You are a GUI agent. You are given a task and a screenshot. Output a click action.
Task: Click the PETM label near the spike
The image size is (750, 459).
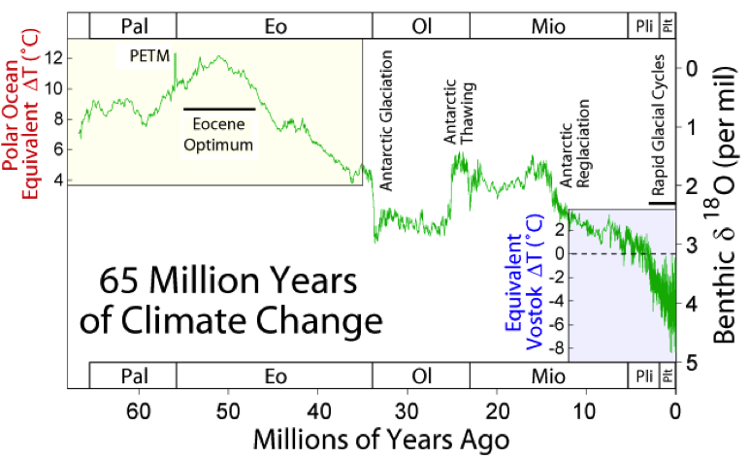(149, 56)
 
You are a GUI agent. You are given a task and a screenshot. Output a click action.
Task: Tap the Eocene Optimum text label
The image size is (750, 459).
(218, 135)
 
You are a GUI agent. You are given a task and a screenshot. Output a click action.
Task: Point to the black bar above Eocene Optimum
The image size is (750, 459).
(219, 109)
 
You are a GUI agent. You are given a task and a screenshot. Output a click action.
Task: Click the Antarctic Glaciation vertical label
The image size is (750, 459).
(386, 120)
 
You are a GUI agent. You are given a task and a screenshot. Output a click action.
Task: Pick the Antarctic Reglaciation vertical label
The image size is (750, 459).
(575, 144)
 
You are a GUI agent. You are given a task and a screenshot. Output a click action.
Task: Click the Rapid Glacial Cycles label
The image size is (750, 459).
(658, 125)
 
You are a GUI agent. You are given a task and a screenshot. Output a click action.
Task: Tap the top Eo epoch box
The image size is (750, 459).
(275, 26)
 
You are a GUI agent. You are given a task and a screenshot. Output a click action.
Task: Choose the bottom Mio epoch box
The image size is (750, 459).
(548, 376)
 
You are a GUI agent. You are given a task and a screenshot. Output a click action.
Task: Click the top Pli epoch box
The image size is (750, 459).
(644, 26)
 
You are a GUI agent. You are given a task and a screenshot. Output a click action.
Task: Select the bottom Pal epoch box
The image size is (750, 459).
(133, 376)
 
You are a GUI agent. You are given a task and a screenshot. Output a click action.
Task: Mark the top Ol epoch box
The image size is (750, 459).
(421, 26)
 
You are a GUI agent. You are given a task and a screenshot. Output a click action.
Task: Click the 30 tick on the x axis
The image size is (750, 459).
(408, 410)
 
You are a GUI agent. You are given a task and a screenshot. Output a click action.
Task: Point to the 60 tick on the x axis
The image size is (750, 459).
(139, 410)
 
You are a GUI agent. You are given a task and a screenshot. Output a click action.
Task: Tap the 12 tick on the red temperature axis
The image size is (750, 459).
(54, 58)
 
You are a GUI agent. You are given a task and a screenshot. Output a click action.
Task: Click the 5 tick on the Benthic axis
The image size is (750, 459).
(692, 362)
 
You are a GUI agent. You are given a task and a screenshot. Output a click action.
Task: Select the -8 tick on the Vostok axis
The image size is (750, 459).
(557, 348)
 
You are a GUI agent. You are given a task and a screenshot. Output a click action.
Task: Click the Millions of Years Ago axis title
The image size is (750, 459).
(380, 439)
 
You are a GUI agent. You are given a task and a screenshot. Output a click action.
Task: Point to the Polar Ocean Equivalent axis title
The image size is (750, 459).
(20, 114)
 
